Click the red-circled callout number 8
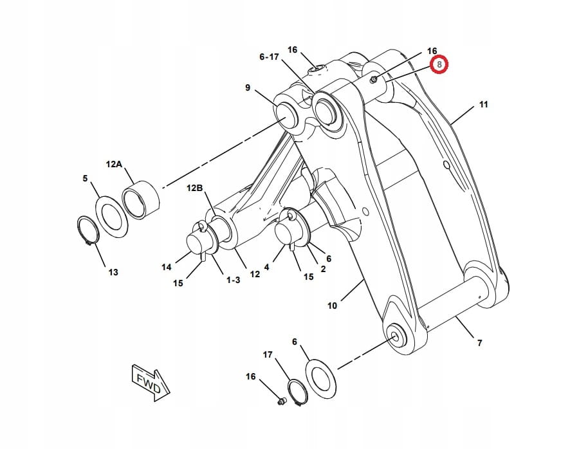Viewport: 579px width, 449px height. pyautogui.click(x=439, y=65)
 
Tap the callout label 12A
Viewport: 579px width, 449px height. pyautogui.click(x=114, y=165)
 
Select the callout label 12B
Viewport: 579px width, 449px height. pyautogui.click(x=195, y=188)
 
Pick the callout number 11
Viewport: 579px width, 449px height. pyautogui.click(x=484, y=104)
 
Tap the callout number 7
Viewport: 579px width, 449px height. pyautogui.click(x=480, y=344)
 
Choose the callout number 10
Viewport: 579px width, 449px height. pyautogui.click(x=332, y=306)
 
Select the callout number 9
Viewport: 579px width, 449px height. pyautogui.click(x=248, y=87)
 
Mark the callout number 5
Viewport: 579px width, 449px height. pyautogui.click(x=85, y=178)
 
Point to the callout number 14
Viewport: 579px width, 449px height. pyautogui.click(x=167, y=267)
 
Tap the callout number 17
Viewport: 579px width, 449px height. pyautogui.click(x=268, y=354)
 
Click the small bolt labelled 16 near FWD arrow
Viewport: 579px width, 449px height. pyautogui.click(x=280, y=401)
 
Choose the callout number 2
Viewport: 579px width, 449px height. pyautogui.click(x=323, y=269)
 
